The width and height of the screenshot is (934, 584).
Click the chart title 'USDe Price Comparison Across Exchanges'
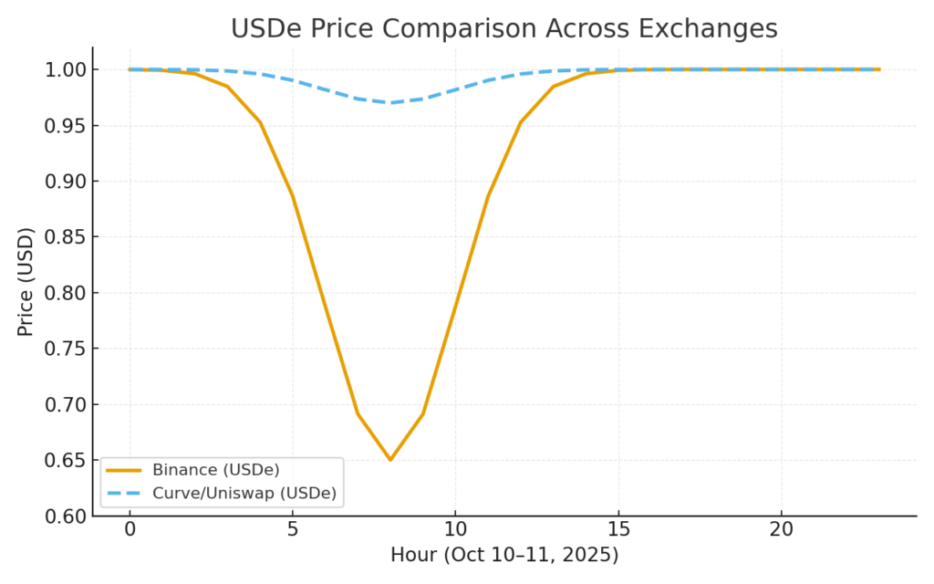pyautogui.click(x=503, y=29)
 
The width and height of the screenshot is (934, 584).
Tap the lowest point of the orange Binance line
pyautogui.click(x=390, y=459)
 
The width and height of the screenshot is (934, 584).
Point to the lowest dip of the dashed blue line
pyautogui.click(x=390, y=102)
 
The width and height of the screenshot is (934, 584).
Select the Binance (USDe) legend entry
pyautogui.click(x=215, y=470)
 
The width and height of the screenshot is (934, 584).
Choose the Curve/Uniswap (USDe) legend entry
pyautogui.click(x=244, y=494)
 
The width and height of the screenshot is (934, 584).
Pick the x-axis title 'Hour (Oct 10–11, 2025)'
pyautogui.click(x=504, y=554)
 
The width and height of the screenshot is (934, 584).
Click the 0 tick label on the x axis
pyautogui.click(x=130, y=530)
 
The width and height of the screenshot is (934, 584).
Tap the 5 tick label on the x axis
pyautogui.click(x=293, y=530)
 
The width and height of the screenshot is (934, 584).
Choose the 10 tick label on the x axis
pyautogui.click(x=455, y=530)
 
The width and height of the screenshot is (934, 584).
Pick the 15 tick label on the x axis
pyautogui.click(x=618, y=530)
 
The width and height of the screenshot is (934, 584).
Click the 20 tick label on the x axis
pyautogui.click(x=781, y=530)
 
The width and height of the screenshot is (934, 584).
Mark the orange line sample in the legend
pyautogui.click(x=124, y=470)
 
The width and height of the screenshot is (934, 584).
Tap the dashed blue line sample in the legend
pyautogui.click(x=124, y=494)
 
